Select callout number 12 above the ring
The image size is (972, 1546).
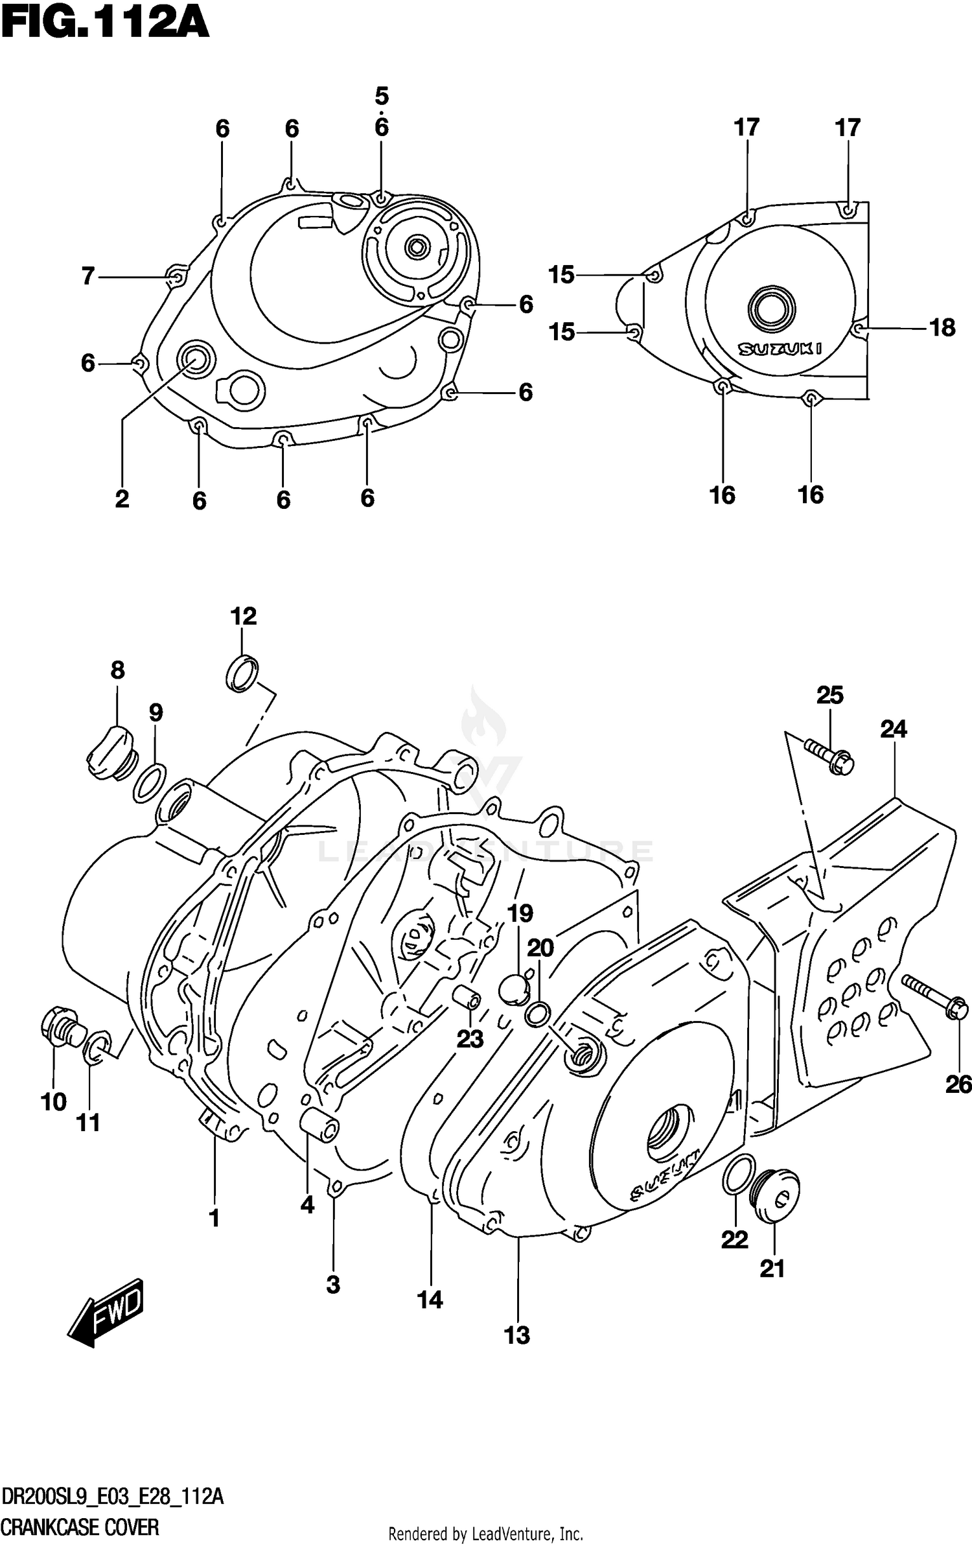[x=243, y=616]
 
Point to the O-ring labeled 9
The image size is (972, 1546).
[x=150, y=782]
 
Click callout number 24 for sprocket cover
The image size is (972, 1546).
[x=893, y=729]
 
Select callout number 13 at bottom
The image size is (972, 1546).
[x=517, y=1335]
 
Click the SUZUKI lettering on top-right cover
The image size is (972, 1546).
[x=781, y=349]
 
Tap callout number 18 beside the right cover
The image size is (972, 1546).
[x=942, y=328]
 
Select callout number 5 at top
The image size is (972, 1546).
[x=382, y=97]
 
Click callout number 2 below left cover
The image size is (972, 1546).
[x=122, y=499]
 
